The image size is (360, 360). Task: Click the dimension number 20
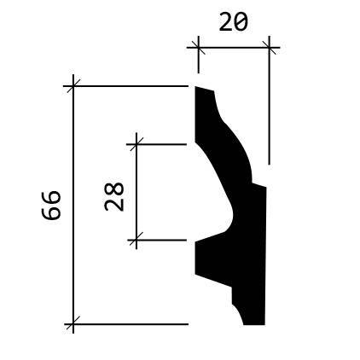(233, 23)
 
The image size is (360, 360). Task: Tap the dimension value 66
(51, 206)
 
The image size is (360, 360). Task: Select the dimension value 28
(114, 196)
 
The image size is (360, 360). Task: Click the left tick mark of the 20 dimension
(199, 48)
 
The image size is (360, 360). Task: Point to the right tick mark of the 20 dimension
(269, 48)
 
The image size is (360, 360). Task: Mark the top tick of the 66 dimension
(73, 85)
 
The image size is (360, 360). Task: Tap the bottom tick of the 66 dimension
(73, 324)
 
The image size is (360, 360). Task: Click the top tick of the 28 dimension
(136, 144)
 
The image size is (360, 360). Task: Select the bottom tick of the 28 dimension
(136, 241)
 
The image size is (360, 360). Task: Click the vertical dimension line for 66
(73, 204)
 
